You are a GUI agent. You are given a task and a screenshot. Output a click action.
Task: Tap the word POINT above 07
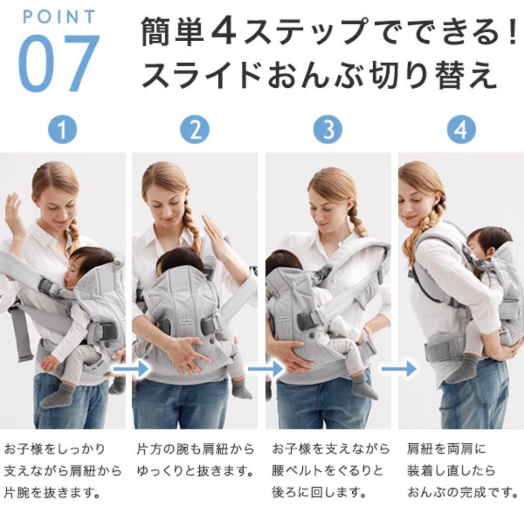pos(60,17)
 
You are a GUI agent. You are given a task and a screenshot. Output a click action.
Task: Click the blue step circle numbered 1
pos(63,130)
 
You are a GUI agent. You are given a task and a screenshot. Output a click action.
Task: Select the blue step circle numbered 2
pos(195,130)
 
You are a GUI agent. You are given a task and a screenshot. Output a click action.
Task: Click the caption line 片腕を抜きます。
pos(53,493)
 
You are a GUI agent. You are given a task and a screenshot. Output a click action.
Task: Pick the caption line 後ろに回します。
pos(319,493)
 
